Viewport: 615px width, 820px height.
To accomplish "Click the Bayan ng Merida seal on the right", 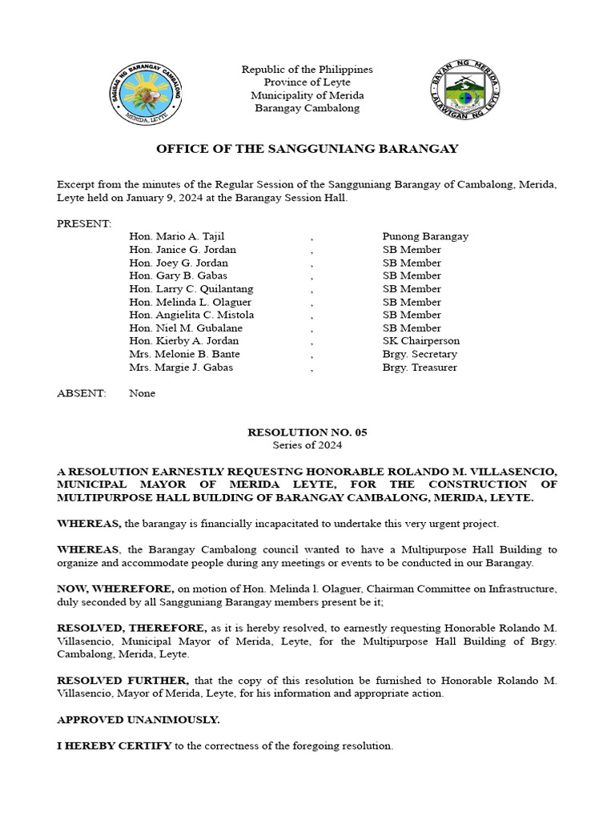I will [464, 88].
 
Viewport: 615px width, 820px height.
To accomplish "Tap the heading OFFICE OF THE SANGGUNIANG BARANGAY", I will [307, 149].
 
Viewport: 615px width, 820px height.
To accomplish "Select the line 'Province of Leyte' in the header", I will [307, 82].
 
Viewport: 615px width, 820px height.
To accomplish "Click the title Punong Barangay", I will [425, 236].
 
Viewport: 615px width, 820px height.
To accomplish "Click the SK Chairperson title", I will [420, 341].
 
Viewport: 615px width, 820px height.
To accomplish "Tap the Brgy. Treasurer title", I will [420, 368].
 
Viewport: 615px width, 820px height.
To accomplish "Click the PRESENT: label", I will [84, 223].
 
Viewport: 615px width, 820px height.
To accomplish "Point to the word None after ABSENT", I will [142, 393].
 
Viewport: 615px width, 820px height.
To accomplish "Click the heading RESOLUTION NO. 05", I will [307, 432].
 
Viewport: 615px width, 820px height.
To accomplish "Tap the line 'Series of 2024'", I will [307, 445].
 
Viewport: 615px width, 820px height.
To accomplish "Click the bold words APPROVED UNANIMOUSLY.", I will [138, 720].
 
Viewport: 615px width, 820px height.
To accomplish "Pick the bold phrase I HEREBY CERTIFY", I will [114, 746].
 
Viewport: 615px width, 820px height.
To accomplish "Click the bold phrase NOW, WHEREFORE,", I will [115, 589].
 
